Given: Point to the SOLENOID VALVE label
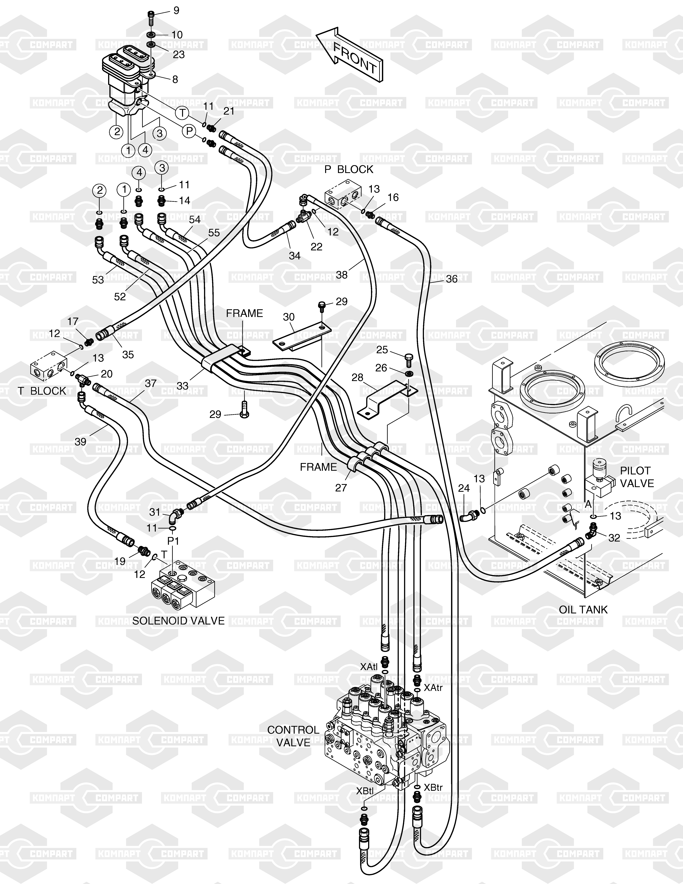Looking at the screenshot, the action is [x=178, y=620].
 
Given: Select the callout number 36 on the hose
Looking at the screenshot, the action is [x=452, y=279].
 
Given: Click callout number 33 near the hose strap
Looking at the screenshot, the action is [x=183, y=386].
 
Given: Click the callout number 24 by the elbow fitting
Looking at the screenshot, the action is [x=464, y=488].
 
